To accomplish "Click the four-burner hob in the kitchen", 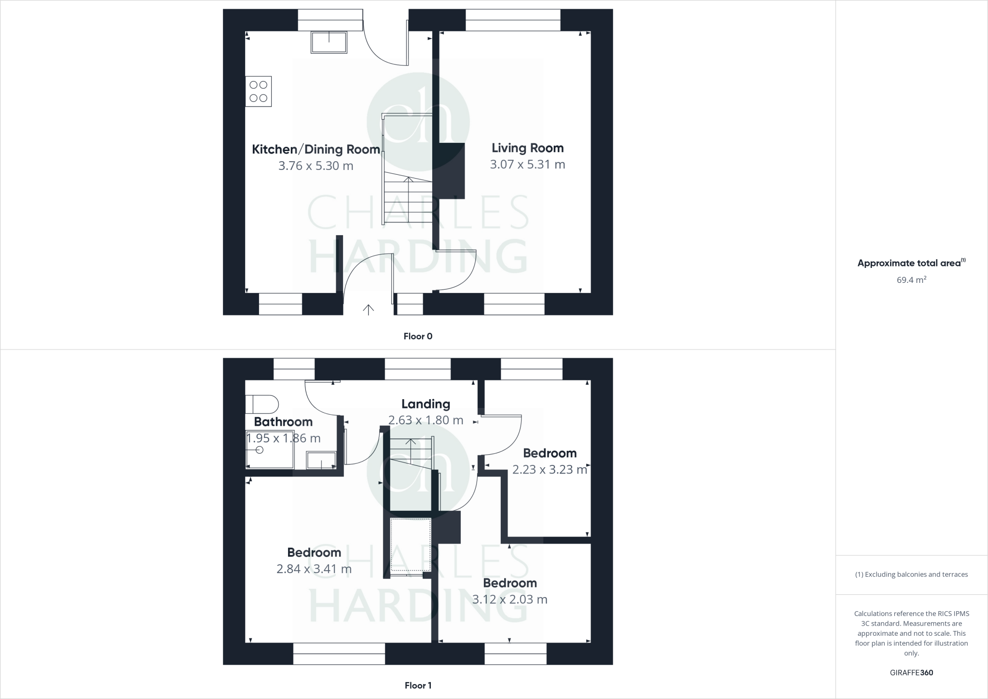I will tap(258, 91).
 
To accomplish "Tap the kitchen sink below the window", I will tap(329, 42).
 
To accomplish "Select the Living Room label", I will tap(527, 148).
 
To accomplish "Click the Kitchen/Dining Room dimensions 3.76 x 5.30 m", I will tap(316, 166).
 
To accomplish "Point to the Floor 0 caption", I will tap(418, 336).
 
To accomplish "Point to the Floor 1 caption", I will tap(418, 685).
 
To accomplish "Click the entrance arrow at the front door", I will tap(368, 309).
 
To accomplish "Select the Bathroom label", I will tap(283, 422).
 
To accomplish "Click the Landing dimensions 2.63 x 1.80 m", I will tap(425, 420).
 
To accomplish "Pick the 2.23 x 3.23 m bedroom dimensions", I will tap(549, 470).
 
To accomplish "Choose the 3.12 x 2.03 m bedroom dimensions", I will tap(509, 600).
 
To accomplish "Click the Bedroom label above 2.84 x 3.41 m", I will tap(314, 552).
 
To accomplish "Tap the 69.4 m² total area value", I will tap(911, 280).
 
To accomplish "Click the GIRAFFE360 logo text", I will tap(911, 673).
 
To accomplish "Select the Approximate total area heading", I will tap(909, 263).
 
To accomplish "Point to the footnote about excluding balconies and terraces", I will tap(911, 574).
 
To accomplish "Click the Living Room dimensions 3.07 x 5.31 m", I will tap(527, 165).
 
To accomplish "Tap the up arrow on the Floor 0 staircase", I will tap(409, 181).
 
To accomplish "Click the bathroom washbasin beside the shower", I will tap(322, 460).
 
